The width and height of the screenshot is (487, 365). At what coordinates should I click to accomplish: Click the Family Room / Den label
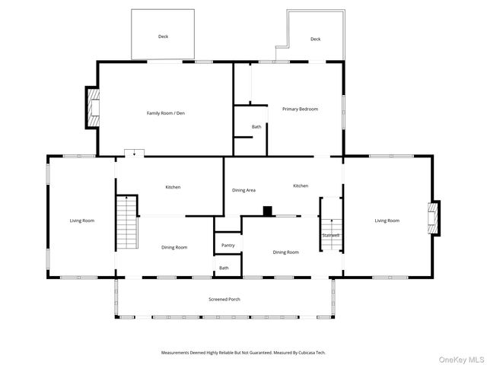point(165,113)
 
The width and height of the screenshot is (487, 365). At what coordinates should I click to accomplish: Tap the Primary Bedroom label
point(300,109)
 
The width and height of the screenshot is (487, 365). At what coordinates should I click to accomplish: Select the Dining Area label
point(243,189)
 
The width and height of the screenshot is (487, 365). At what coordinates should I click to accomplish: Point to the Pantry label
point(228,245)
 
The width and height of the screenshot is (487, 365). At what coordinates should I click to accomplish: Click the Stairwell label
point(330,235)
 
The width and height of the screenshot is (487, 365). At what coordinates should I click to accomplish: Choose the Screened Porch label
point(224,299)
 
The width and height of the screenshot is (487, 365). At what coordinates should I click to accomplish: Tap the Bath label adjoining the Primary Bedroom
point(256,127)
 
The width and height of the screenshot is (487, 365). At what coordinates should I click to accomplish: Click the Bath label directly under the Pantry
point(224,268)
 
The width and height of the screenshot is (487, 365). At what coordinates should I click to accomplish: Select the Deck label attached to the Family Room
point(163,36)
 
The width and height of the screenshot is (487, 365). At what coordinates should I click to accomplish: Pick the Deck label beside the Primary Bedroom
point(315,39)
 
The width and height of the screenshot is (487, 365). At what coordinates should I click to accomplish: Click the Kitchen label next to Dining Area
point(301,186)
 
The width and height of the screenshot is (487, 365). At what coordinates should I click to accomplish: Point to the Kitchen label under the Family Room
point(173,187)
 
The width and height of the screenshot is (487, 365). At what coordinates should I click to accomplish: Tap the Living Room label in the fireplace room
point(387,221)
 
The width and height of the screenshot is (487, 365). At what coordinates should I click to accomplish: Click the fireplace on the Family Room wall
point(92,109)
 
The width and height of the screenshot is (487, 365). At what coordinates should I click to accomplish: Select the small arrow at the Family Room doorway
point(135,154)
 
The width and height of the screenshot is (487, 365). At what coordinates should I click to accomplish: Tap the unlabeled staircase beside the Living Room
point(126,222)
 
